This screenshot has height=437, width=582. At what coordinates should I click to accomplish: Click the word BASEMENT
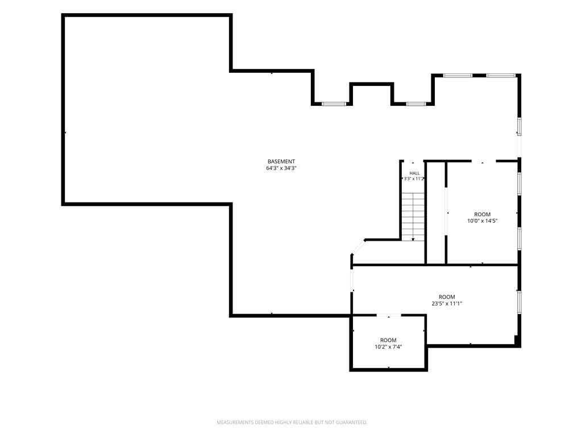click(x=281, y=161)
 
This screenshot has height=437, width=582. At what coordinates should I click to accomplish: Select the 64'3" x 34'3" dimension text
click(x=281, y=168)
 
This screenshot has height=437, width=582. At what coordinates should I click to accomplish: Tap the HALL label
click(x=414, y=173)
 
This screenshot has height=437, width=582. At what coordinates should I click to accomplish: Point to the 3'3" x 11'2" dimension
click(x=414, y=178)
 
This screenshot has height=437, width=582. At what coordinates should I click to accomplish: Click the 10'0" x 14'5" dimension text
click(x=482, y=221)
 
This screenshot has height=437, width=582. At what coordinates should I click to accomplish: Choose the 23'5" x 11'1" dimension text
click(x=447, y=303)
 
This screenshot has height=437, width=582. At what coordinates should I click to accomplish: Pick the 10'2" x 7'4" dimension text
click(x=388, y=347)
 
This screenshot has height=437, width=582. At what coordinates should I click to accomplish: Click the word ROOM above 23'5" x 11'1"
click(x=447, y=297)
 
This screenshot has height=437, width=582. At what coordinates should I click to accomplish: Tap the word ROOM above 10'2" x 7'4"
click(x=388, y=340)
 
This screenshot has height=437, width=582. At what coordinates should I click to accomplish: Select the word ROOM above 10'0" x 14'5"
click(x=482, y=215)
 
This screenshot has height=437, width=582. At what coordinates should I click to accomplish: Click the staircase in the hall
click(x=413, y=217)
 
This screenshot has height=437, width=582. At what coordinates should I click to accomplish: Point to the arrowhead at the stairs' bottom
click(x=413, y=240)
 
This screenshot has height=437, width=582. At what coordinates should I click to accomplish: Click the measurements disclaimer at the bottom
click(x=292, y=422)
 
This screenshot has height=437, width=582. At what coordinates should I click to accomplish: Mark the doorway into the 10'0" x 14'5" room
click(x=484, y=161)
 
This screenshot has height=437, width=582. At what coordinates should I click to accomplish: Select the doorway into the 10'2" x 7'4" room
click(x=389, y=315)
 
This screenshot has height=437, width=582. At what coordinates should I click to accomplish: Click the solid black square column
click(x=516, y=339)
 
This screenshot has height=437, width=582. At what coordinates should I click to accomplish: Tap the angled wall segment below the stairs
click(x=358, y=248)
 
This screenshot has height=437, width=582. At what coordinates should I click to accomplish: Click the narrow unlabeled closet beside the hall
click(x=435, y=213)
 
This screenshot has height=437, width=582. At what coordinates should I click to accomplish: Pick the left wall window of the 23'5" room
click(x=351, y=280)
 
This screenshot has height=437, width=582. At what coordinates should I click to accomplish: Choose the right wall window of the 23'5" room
click(x=519, y=302)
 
